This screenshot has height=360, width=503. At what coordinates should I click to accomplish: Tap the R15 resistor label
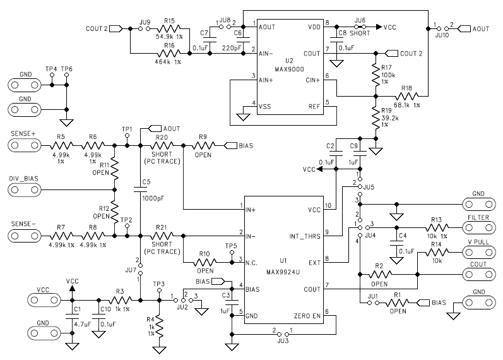click(169, 21)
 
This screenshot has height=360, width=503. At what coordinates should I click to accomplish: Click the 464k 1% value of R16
click(168, 62)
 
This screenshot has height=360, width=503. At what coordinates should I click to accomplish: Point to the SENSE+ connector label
click(23, 135)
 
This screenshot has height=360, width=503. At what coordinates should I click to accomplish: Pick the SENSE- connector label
click(23, 224)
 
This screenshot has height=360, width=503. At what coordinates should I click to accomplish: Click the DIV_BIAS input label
click(23, 179)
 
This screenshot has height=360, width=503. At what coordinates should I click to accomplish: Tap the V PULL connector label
click(478, 241)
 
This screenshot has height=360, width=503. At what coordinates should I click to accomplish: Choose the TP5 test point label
click(231, 246)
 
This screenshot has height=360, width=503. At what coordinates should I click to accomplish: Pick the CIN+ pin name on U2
click(312, 80)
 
